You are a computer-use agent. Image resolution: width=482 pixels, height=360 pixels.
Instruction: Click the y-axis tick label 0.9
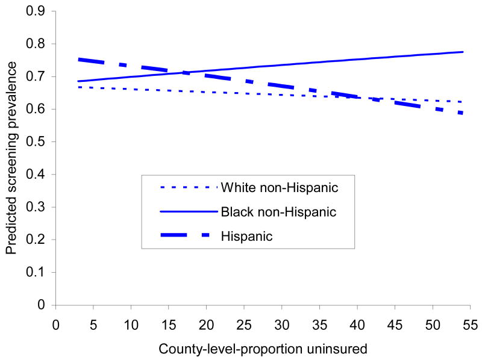(x=40, y=11)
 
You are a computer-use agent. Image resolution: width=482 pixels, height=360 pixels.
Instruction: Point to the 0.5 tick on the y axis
(x=40, y=141)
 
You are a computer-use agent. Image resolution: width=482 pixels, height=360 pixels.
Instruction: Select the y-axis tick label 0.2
(x=40, y=240)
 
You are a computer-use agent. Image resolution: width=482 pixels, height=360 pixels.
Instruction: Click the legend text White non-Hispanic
(x=278, y=187)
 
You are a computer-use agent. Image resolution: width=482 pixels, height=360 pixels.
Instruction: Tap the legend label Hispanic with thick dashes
(x=246, y=236)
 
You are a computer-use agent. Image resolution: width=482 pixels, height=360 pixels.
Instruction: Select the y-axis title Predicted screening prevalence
(x=12, y=158)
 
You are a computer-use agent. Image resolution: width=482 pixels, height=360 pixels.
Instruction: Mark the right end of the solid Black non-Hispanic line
(x=463, y=52)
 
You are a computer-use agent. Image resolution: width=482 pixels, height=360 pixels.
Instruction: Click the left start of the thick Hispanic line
(x=78, y=60)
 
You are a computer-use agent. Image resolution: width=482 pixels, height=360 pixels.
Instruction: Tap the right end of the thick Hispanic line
(x=463, y=113)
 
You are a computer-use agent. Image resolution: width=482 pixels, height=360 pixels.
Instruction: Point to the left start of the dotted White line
(x=78, y=87)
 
